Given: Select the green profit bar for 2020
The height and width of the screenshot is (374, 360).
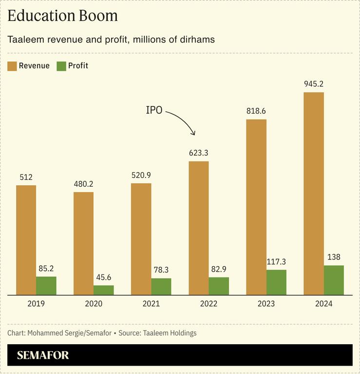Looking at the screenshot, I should pyautogui.click(x=103, y=290).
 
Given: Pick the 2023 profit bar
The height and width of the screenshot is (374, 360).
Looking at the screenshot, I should pyautogui.click(x=276, y=282).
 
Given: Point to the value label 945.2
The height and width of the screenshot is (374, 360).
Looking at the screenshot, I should pyautogui.click(x=314, y=84).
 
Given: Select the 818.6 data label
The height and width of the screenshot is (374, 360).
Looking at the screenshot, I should pyautogui.click(x=256, y=111).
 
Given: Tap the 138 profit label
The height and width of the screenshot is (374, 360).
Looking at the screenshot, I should pyautogui.click(x=334, y=257).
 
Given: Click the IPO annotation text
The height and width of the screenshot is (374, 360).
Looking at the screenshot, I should pyautogui.click(x=154, y=110).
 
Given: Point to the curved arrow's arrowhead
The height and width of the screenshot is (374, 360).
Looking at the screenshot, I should pyautogui.click(x=193, y=133).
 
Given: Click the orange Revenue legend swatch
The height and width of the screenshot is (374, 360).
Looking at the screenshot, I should pyautogui.click(x=12, y=66).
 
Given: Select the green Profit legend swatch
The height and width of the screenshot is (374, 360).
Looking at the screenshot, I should pyautogui.click(x=61, y=66).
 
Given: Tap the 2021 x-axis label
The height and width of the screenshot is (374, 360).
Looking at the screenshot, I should pyautogui.click(x=141, y=304).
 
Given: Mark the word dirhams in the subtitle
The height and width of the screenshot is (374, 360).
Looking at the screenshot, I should pyautogui.click(x=197, y=39).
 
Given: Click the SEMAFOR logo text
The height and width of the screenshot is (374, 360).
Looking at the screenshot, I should pyautogui.click(x=43, y=355).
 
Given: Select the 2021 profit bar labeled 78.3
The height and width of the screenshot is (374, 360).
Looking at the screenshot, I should pyautogui.click(x=161, y=286).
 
